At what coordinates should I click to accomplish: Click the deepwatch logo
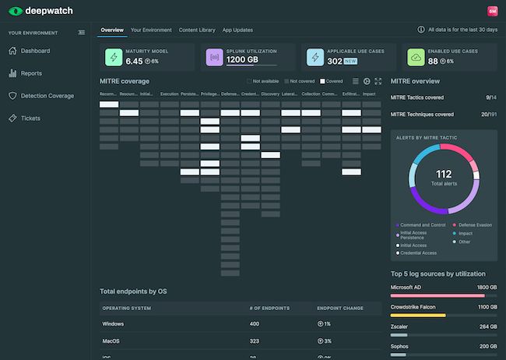(39, 11)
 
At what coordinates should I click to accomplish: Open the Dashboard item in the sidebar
(36, 51)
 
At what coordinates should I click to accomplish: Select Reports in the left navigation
(32, 73)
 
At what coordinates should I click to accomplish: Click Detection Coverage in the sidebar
(47, 96)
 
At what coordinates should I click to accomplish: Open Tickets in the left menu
(31, 118)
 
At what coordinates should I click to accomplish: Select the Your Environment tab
(151, 30)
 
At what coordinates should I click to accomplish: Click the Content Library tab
(197, 30)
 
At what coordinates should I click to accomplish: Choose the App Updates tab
(237, 30)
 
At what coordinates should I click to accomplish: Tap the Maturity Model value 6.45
(134, 61)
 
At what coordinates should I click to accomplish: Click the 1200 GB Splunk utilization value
(241, 60)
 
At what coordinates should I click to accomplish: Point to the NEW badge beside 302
(351, 61)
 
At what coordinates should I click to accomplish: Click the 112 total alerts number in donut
(444, 174)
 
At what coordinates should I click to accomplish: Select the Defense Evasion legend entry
(476, 224)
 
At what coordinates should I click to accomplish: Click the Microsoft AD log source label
(406, 287)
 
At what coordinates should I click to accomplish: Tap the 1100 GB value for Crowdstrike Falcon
(486, 307)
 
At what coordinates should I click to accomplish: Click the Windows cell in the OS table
(114, 323)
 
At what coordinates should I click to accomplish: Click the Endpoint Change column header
(339, 308)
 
